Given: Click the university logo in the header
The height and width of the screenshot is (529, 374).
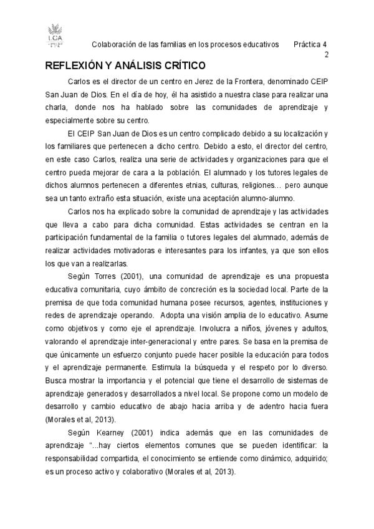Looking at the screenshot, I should tap(55, 36).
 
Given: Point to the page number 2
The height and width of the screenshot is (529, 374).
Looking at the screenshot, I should tap(326, 55).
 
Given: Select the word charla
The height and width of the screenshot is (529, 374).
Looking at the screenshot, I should tap(56, 109).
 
